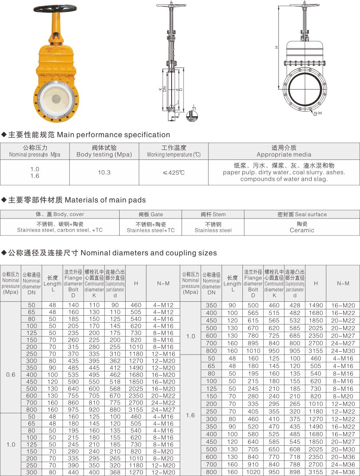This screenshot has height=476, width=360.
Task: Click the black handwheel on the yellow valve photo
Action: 55,8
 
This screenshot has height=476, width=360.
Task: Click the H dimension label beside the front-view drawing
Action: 276,47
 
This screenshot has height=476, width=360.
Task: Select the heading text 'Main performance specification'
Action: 114,135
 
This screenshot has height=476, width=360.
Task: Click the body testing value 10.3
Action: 104,172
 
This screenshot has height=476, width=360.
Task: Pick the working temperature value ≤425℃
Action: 174,173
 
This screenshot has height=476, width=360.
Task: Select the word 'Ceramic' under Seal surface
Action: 302,230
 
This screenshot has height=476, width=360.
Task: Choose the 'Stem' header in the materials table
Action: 213,214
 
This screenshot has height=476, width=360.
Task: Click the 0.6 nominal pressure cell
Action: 11,374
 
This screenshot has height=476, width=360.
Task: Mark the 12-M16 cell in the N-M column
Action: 163,354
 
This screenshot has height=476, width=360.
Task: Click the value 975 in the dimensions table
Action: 73,409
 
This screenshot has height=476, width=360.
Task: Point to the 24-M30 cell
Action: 343,351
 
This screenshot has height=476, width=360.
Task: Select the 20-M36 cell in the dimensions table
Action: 343,457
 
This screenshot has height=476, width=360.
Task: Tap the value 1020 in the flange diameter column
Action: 253,472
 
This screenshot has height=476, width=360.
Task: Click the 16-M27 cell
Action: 343,434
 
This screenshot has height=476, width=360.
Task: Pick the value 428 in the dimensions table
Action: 295,305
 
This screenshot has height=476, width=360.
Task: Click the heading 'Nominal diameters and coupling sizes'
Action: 149,253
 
